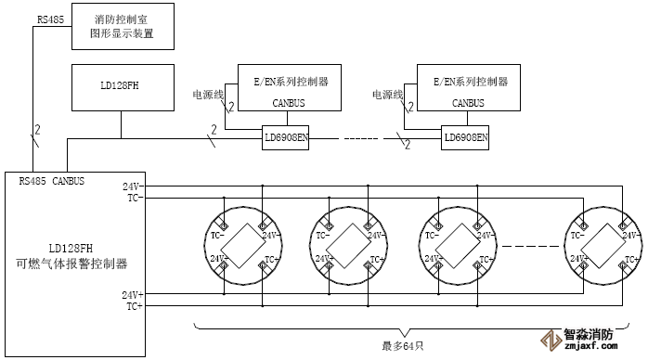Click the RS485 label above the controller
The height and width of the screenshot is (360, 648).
click(50, 19)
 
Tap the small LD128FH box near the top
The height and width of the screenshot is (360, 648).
click(122, 88)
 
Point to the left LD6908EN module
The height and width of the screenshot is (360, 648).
click(287, 137)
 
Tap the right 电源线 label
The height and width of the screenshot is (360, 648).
click(387, 95)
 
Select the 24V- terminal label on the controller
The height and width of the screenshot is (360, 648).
click(132, 186)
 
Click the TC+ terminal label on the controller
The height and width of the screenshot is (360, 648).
click(134, 305)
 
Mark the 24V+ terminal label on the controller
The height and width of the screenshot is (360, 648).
click(132, 294)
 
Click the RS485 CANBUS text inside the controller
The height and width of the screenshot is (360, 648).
click(52, 181)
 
